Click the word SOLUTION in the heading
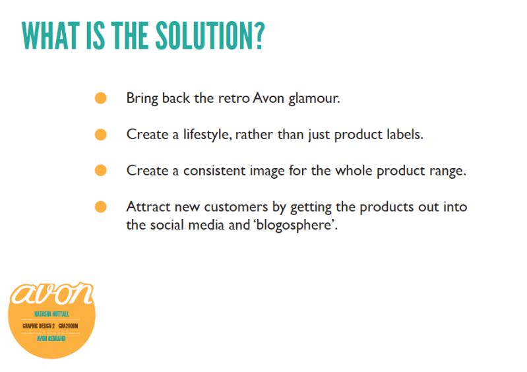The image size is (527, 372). point(201,35)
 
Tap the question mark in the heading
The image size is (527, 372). point(257,35)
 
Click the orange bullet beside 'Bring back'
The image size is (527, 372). point(100,98)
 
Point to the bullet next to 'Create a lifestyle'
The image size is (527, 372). point(100,135)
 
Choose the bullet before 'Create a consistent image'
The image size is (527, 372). point(100,170)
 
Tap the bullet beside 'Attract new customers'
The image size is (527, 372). point(100,206)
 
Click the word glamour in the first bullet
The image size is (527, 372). point(314,99)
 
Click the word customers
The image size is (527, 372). point(236,207)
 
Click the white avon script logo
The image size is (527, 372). point(51,294)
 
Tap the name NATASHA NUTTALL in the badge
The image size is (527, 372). point(51,314)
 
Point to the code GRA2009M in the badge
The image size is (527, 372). point(68,326)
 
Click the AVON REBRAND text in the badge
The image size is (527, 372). point(51,338)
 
